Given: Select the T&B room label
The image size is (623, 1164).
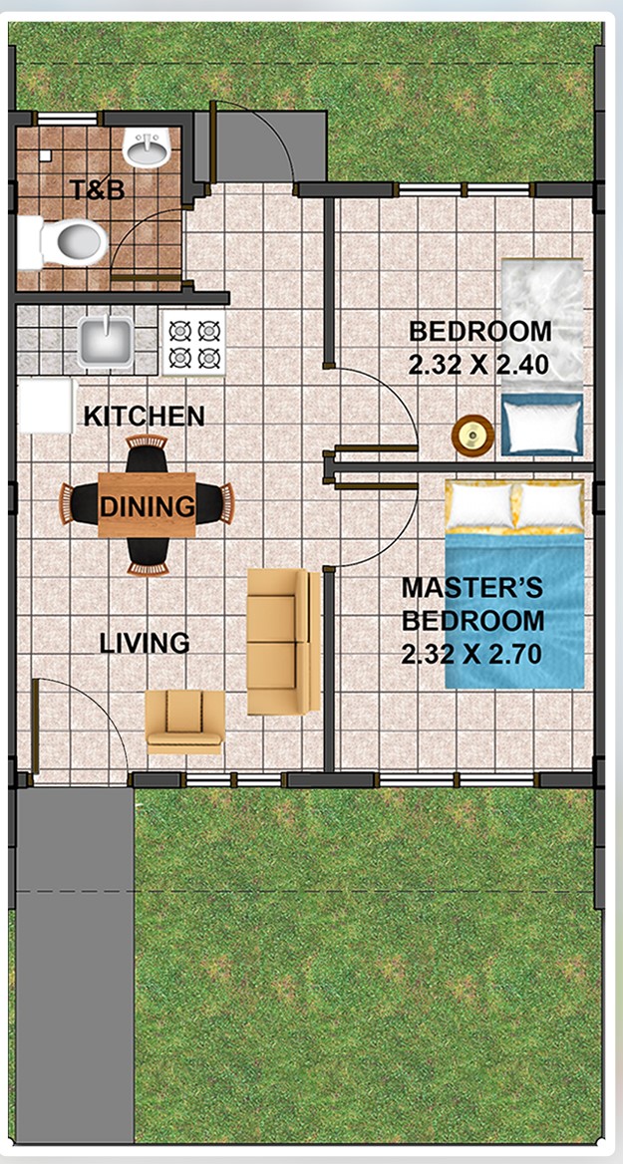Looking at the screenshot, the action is tap(98, 190).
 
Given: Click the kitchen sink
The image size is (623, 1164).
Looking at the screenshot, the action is tap(107, 342).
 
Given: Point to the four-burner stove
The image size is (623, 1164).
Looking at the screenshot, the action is tap(193, 343).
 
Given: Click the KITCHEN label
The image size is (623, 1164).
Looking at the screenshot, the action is tap(145, 417).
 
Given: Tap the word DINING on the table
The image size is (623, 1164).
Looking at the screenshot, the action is tap(147, 507).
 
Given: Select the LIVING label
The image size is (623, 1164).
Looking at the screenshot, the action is tap(145, 643).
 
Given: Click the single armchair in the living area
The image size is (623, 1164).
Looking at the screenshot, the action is tap(184, 722).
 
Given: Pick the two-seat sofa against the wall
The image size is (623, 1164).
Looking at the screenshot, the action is tap(284, 642).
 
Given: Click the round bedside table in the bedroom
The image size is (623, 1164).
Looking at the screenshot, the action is tap(473, 436).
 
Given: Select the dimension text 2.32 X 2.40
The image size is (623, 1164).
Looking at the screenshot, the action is tap(478, 365).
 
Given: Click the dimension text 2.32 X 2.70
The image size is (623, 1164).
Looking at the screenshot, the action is tap(471, 654).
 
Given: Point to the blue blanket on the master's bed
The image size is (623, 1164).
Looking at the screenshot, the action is tap(514, 610).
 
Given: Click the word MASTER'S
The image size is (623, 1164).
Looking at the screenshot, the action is tap(472, 587).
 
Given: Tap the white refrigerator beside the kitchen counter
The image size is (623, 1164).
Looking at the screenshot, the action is tap(45, 406).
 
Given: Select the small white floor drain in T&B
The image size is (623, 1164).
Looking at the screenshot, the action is tap(46, 155).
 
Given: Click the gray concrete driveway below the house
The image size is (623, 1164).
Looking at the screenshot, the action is tap(74, 965).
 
